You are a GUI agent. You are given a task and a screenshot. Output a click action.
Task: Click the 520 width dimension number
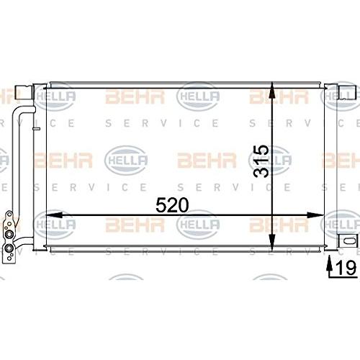coord(172,205)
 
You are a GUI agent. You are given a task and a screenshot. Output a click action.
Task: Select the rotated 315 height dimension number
coord(261,161)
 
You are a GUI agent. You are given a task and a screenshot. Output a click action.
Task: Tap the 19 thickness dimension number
coord(346,268)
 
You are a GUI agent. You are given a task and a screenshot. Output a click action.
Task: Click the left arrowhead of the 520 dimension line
coord(54,215)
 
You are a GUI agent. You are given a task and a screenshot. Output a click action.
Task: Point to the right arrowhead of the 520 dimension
coord(315,215)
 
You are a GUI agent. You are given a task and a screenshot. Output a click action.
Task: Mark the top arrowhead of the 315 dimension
coord(271,90)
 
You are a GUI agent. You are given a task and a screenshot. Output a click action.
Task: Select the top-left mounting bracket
coord(24,93)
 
